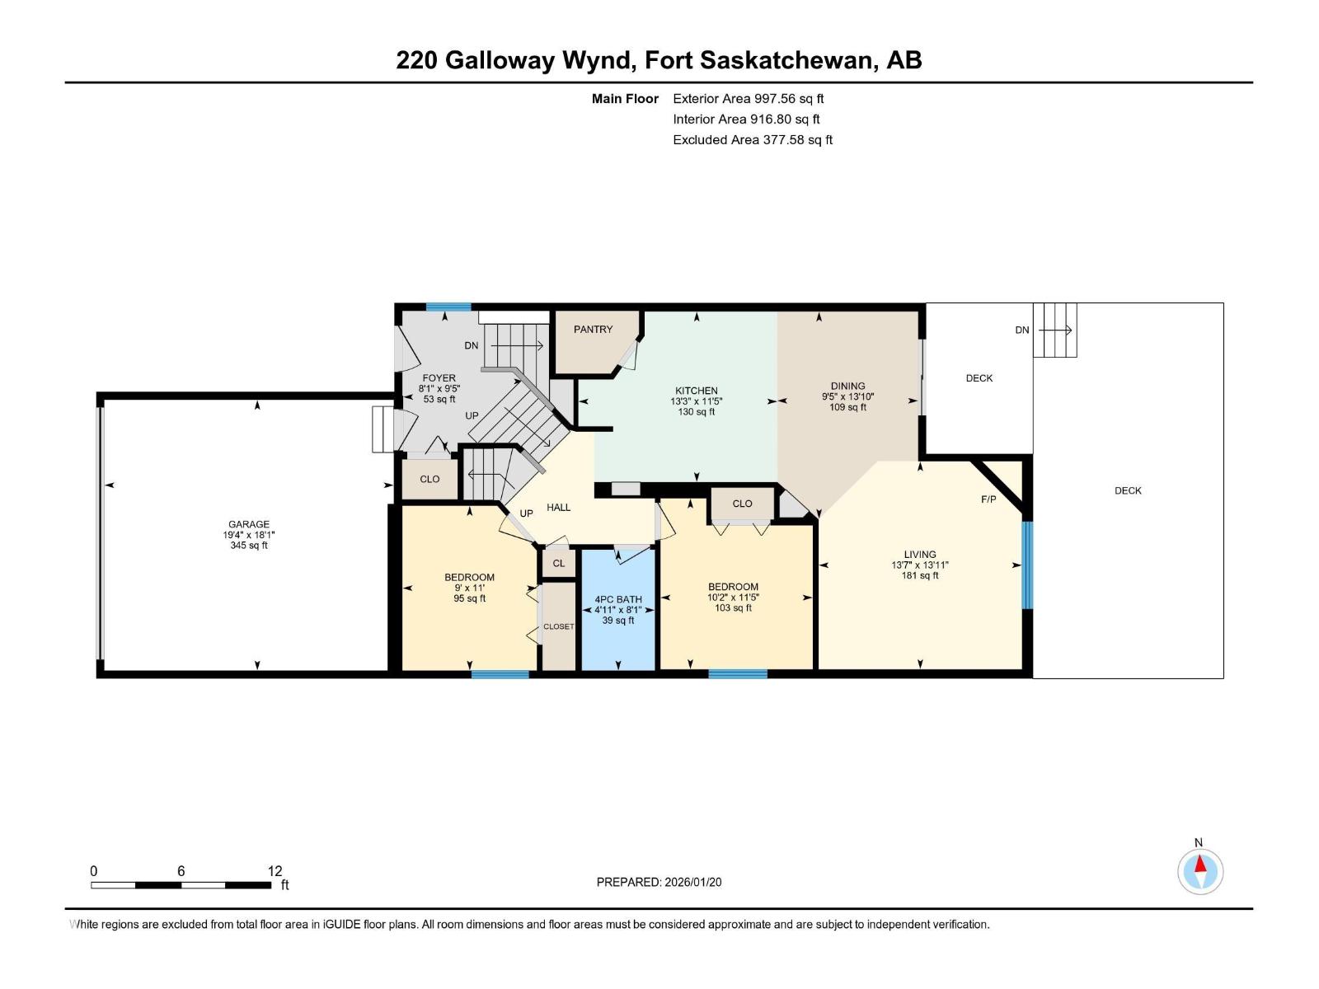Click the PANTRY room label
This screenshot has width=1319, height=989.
coord(593,329)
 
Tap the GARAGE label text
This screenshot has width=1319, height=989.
coord(249,524)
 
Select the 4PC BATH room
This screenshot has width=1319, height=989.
coord(618,610)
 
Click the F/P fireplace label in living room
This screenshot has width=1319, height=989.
coord(988,499)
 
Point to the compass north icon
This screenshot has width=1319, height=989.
coord(1200,871)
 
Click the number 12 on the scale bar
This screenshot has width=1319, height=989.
coord(275,871)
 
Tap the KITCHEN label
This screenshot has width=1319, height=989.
coord(697,391)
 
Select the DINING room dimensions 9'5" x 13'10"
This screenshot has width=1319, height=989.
coord(847,396)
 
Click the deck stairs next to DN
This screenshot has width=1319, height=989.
coord(1055,330)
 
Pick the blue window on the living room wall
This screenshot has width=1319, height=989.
coord(1027,565)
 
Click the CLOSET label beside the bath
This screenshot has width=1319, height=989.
coord(558,626)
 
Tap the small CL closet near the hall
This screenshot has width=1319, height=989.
coord(559,563)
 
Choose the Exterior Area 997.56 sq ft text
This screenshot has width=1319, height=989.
coord(748,99)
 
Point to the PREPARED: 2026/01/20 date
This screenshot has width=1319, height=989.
coord(659,882)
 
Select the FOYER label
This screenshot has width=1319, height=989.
coord(439,378)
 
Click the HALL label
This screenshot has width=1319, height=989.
coord(558,508)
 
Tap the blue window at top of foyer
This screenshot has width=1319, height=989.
coord(448,307)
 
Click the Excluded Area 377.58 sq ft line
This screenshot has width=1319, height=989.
coord(752,140)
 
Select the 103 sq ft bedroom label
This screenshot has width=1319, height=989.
coord(733,607)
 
